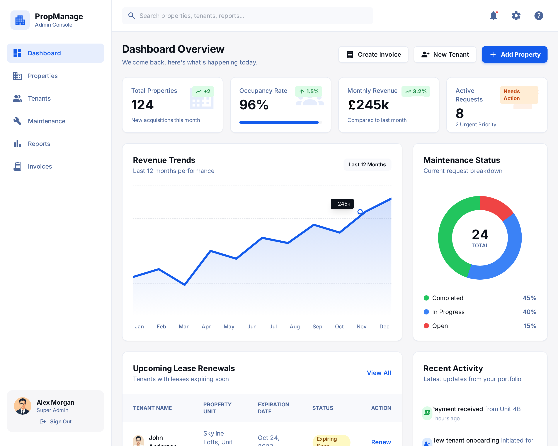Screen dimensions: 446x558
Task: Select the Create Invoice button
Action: coord(373,55)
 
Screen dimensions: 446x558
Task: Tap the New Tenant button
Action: coord(445,55)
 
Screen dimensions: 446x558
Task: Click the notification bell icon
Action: coord(493,16)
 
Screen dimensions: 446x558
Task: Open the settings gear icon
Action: coord(516,16)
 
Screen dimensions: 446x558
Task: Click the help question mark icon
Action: coord(538,16)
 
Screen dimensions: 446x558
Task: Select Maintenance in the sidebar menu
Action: coord(47,121)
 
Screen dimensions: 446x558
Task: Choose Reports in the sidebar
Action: coord(39,144)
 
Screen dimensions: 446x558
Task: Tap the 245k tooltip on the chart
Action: coord(342,204)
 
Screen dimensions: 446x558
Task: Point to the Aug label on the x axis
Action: coord(294,326)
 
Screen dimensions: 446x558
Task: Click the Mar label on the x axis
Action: coord(184,326)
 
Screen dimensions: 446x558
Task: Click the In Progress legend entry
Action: coord(448,312)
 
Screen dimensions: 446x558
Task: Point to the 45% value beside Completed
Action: coord(529,298)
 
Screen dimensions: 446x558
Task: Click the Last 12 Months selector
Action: coord(367,164)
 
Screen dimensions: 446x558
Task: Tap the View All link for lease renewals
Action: coord(379,373)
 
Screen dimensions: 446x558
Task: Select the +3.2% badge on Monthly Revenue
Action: coord(416,91)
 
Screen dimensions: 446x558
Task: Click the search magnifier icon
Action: coord(131,16)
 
